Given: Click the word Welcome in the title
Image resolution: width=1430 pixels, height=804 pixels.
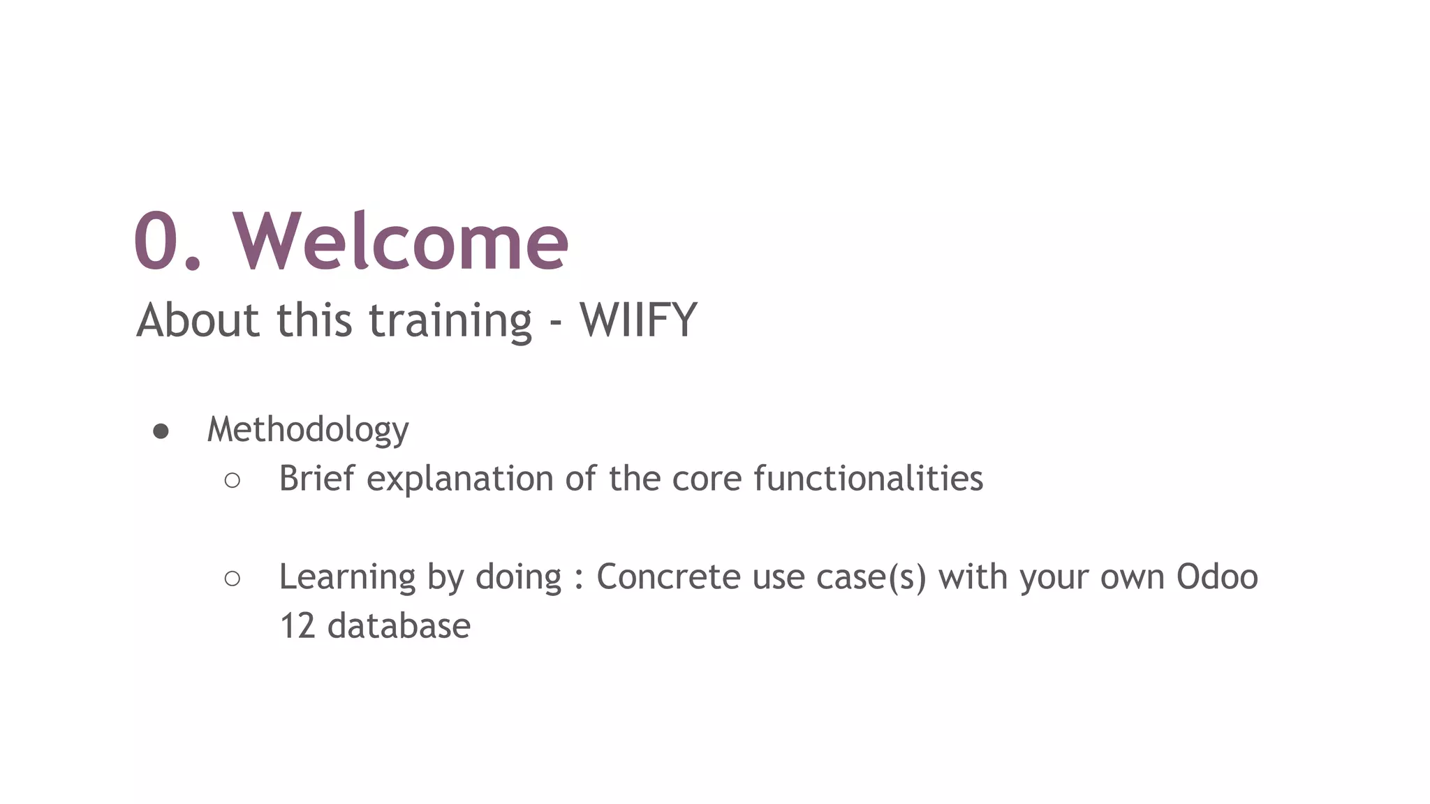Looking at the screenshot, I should click(401, 241).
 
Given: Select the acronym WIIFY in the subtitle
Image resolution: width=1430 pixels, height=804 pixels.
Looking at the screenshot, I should click(638, 320).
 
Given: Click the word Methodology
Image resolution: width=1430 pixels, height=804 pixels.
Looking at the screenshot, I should click(308, 429).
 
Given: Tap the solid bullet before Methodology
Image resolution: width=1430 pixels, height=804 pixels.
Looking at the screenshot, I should click(161, 431).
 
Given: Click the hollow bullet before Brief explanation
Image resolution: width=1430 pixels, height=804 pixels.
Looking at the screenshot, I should click(233, 480).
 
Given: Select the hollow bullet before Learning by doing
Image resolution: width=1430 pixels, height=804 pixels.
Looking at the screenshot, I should click(233, 578).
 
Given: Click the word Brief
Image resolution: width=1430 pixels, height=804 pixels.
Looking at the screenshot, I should click(317, 479).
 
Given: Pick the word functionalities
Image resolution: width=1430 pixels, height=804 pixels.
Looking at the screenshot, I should click(868, 479).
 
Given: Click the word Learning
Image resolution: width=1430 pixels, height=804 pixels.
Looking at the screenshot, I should click(347, 578).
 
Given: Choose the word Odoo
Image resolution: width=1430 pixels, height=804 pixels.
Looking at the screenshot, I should click(1217, 577).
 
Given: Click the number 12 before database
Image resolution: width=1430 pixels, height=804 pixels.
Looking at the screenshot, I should click(297, 626).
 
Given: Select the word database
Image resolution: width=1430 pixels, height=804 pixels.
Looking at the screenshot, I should click(399, 626).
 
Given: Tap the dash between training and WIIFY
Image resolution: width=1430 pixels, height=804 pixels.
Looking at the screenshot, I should click(556, 323).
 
